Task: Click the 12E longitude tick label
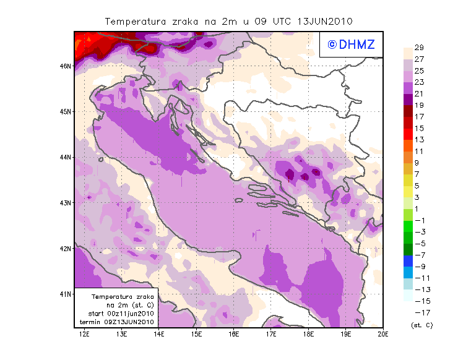pyautogui.click(x=84, y=335)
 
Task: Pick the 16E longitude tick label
pyautogui.click(x=233, y=335)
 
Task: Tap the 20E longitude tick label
pyautogui.click(x=382, y=335)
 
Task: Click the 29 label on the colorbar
pyautogui.click(x=418, y=48)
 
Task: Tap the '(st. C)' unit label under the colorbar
pyautogui.click(x=421, y=325)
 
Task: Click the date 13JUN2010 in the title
pyautogui.click(x=325, y=21)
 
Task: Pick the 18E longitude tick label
pyautogui.click(x=308, y=335)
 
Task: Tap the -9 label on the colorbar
pyautogui.click(x=419, y=267)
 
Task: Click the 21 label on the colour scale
pyautogui.click(x=418, y=94)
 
